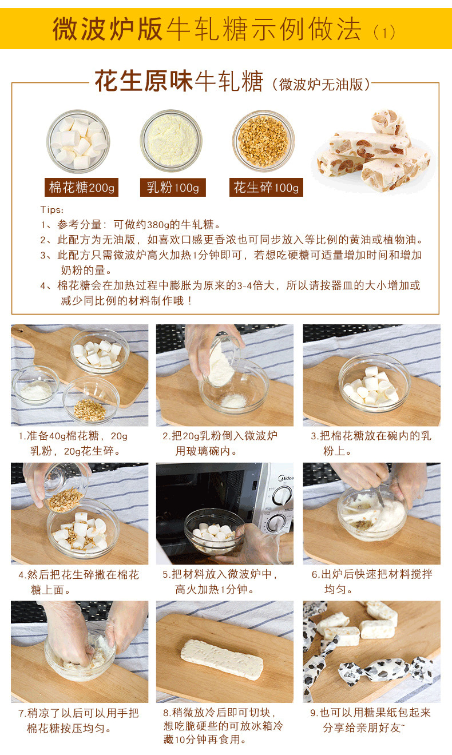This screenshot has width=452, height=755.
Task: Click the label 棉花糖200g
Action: tap(82, 188)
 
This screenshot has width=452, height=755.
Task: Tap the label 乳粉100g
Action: tap(172, 188)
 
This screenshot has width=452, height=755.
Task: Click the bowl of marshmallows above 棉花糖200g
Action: tap(78, 141)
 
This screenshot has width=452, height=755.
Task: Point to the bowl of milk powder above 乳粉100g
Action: tap(171, 141)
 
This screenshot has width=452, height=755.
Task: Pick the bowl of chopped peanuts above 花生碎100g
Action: tap(263, 141)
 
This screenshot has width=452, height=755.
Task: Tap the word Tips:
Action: tap(52, 210)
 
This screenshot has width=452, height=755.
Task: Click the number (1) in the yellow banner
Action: tap(384, 32)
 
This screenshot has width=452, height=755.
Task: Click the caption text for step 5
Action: tap(220, 582)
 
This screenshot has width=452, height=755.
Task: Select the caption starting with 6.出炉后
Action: tap(371, 582)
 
